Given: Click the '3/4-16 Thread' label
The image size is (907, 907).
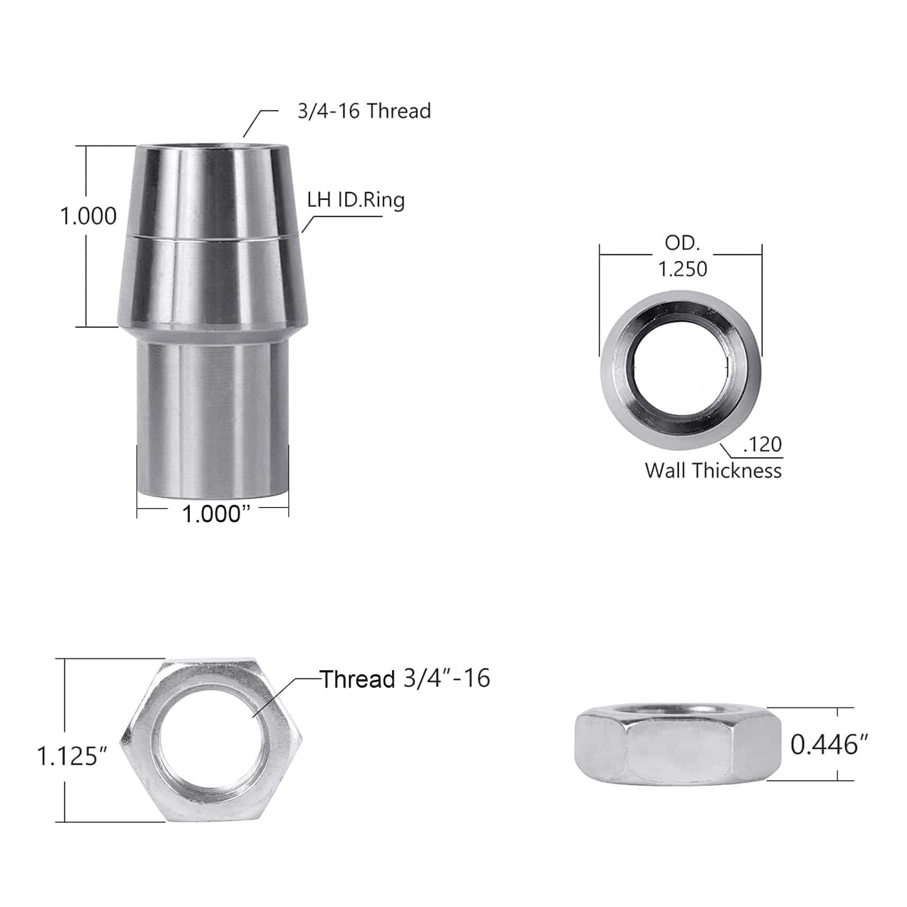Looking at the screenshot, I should point(364,110).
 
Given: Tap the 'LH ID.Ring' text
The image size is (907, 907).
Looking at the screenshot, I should point(356,200).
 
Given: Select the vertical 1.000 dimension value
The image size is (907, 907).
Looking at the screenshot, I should point(88,216).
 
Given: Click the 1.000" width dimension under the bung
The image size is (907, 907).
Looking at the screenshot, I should point(216,514).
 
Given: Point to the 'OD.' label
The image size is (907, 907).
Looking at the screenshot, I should point(682,243).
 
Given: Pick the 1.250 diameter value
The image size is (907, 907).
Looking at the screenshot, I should point(682,269).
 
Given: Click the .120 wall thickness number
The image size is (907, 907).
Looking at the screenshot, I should point(762,444).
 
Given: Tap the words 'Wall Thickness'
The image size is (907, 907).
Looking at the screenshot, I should point(713,471).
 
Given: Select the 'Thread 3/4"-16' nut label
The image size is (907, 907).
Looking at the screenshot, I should point(405,679).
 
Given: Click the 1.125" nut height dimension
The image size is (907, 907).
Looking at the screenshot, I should point(72,756).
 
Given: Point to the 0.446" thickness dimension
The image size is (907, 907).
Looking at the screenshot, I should point(829,744).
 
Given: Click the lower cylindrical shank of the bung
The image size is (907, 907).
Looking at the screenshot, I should point(212,419).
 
